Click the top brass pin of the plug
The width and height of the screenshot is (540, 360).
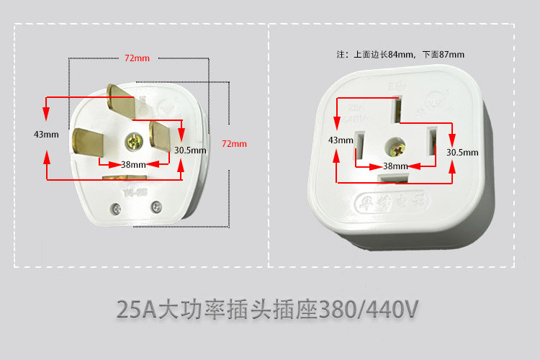120,101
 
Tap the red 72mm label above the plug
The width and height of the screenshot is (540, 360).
137,58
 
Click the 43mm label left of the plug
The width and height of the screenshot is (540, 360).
46,135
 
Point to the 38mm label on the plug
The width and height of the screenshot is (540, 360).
133,164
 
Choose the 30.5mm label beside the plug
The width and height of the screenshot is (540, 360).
190,150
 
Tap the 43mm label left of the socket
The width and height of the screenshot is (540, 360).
341,140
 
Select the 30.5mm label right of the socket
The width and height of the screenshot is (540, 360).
462,153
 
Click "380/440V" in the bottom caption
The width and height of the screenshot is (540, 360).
370,310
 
